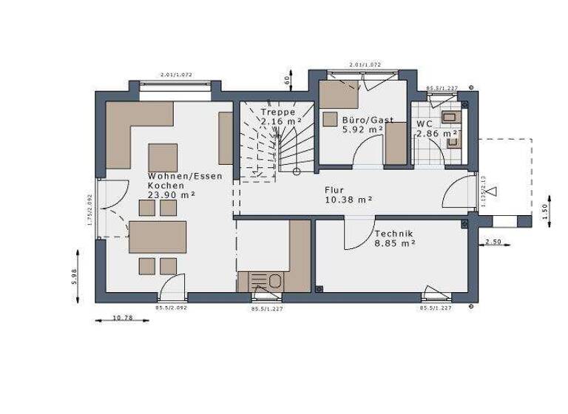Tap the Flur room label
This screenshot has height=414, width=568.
(x=334, y=189)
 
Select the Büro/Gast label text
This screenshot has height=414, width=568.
(x=368, y=119)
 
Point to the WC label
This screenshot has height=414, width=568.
(x=424, y=123)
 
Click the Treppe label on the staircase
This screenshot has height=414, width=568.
(x=277, y=112)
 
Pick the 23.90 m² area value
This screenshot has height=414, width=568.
(x=171, y=195)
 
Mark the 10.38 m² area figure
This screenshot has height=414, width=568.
(x=348, y=199)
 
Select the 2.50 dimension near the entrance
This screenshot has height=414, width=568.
(x=494, y=242)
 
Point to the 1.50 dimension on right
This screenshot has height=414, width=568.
(x=546, y=210)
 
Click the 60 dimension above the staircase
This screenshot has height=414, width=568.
(x=287, y=79)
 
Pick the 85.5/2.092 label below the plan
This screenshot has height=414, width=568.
(x=171, y=308)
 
